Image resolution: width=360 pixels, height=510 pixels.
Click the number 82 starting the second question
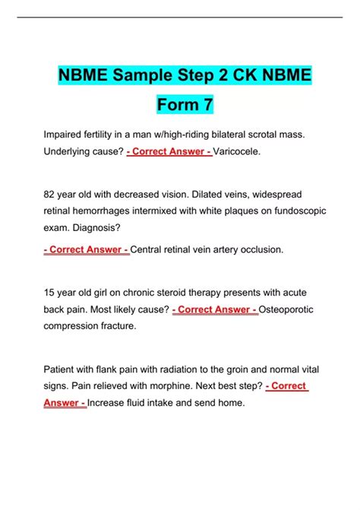coord(52,195)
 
